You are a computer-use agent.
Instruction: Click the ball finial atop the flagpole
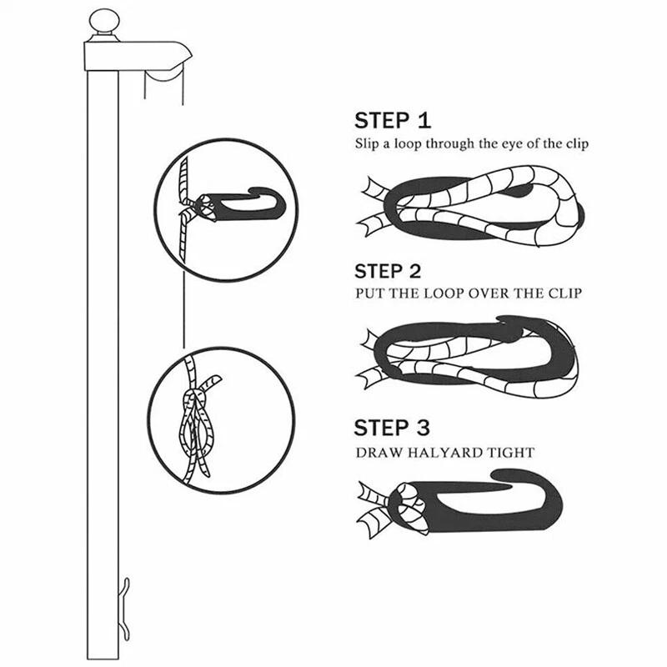pos(104,21)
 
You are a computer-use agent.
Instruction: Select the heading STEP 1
pos(393,119)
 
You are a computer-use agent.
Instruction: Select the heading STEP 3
pos(392,429)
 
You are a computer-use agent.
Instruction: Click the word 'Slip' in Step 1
pos(368,143)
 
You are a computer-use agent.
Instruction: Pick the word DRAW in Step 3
pos(377,454)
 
